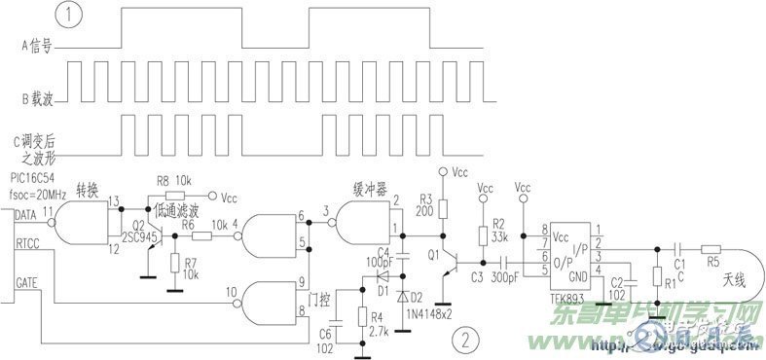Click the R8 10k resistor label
(175, 181)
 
